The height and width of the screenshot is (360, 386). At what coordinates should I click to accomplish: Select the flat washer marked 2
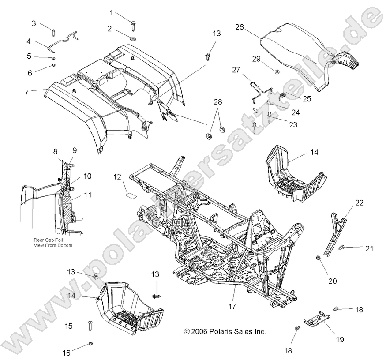(133, 39)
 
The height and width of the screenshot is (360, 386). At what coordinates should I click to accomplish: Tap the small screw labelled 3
(53, 31)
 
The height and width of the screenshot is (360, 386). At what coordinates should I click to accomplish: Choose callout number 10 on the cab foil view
(87, 176)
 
